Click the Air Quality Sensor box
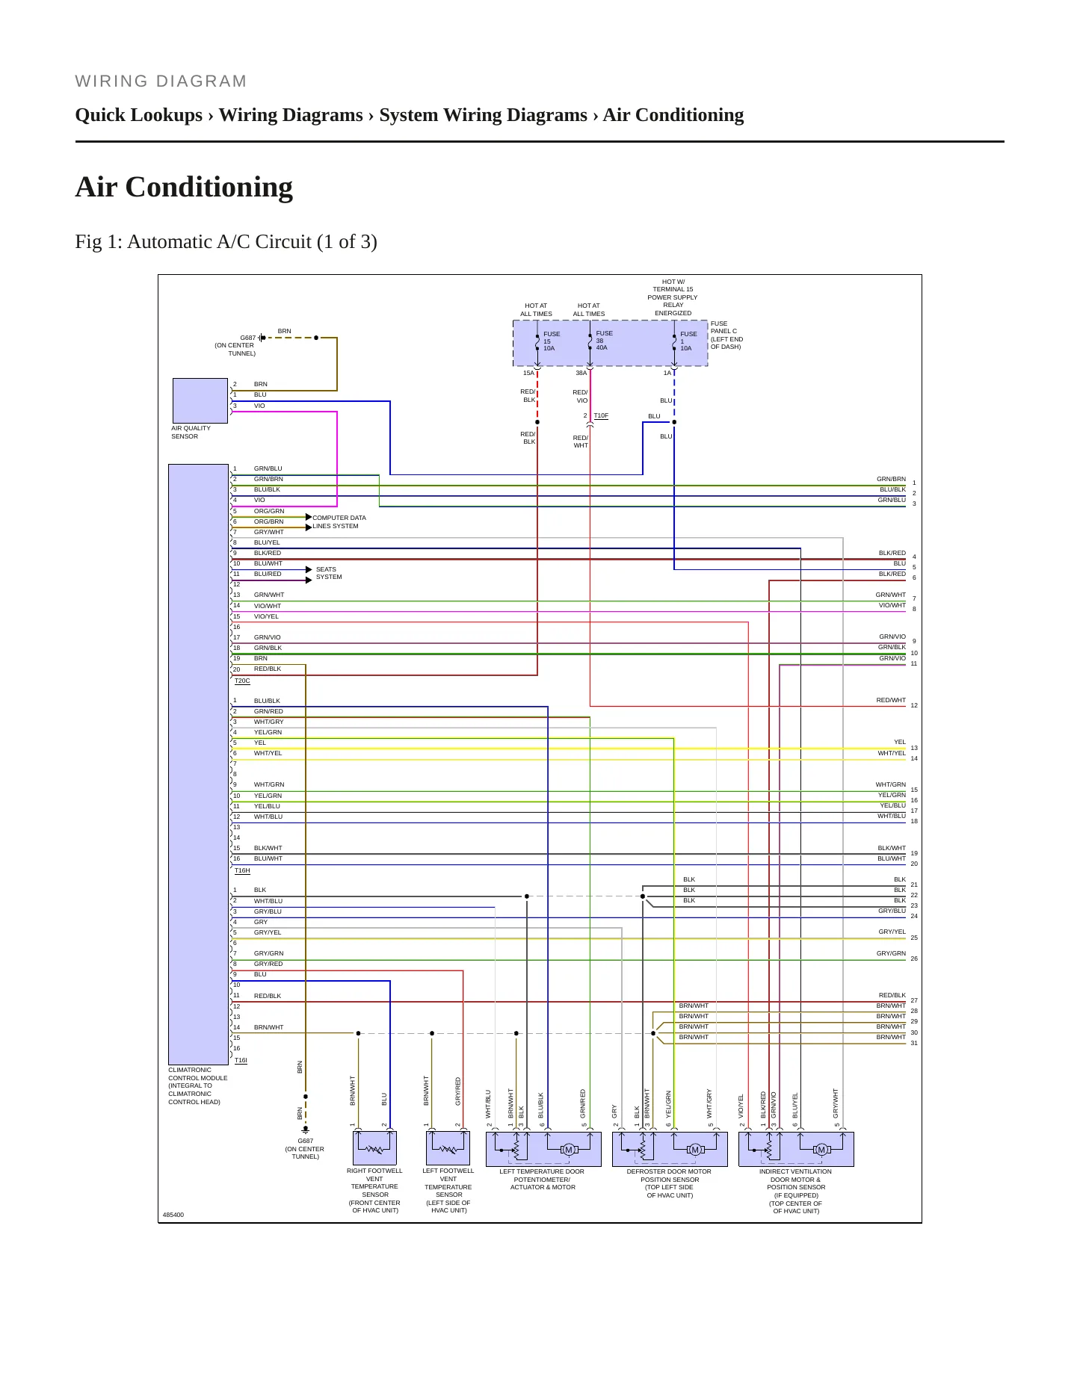coord(200,400)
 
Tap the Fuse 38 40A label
coord(604,341)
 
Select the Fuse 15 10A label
coord(552,341)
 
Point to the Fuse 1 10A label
coord(688,341)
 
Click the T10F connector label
coord(601,415)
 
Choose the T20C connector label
coord(242,681)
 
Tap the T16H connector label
coord(242,870)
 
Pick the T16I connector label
coord(241,1060)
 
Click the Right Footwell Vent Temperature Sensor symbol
coord(374,1148)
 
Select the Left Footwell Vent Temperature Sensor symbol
coord(448,1148)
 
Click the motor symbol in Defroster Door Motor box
coord(695,1149)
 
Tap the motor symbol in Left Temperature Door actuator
coord(569,1149)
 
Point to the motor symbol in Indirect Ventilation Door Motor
coord(821,1149)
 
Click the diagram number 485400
coord(173,1215)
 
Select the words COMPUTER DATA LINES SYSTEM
coord(339,521)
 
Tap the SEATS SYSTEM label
coord(329,573)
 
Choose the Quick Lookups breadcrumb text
coord(139,115)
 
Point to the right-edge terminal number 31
coord(914,1043)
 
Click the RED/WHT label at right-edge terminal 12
coord(891,700)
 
